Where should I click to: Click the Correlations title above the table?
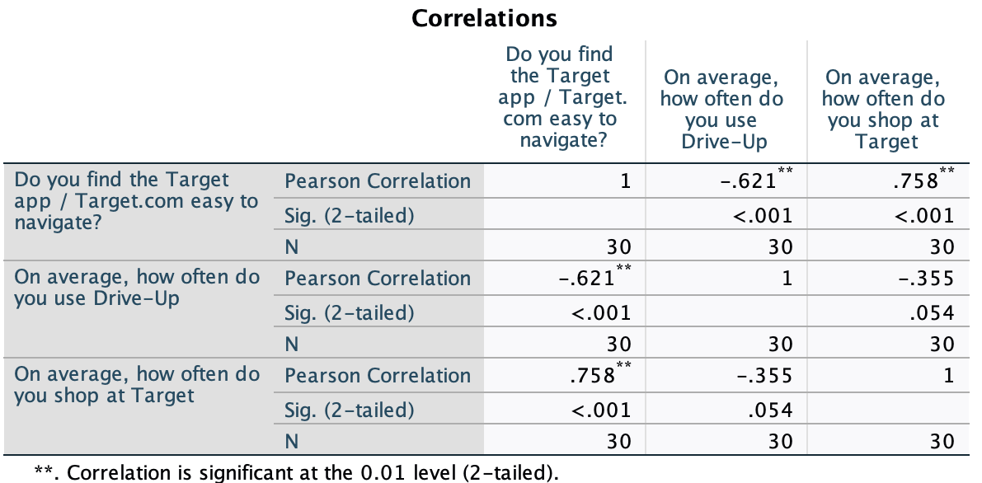pyautogui.click(x=485, y=17)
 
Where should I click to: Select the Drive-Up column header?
pyautogui.click(x=725, y=110)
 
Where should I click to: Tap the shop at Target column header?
pyautogui.click(x=885, y=110)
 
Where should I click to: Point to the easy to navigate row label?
pyautogui.click(x=136, y=200)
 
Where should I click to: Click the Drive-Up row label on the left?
pyautogui.click(x=136, y=288)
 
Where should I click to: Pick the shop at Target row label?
pyautogui.click(x=136, y=385)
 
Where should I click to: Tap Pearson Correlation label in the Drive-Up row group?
pyautogui.click(x=378, y=279)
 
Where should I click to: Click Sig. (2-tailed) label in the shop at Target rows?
pyautogui.click(x=350, y=410)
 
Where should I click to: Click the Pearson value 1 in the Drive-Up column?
pyautogui.click(x=787, y=279)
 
